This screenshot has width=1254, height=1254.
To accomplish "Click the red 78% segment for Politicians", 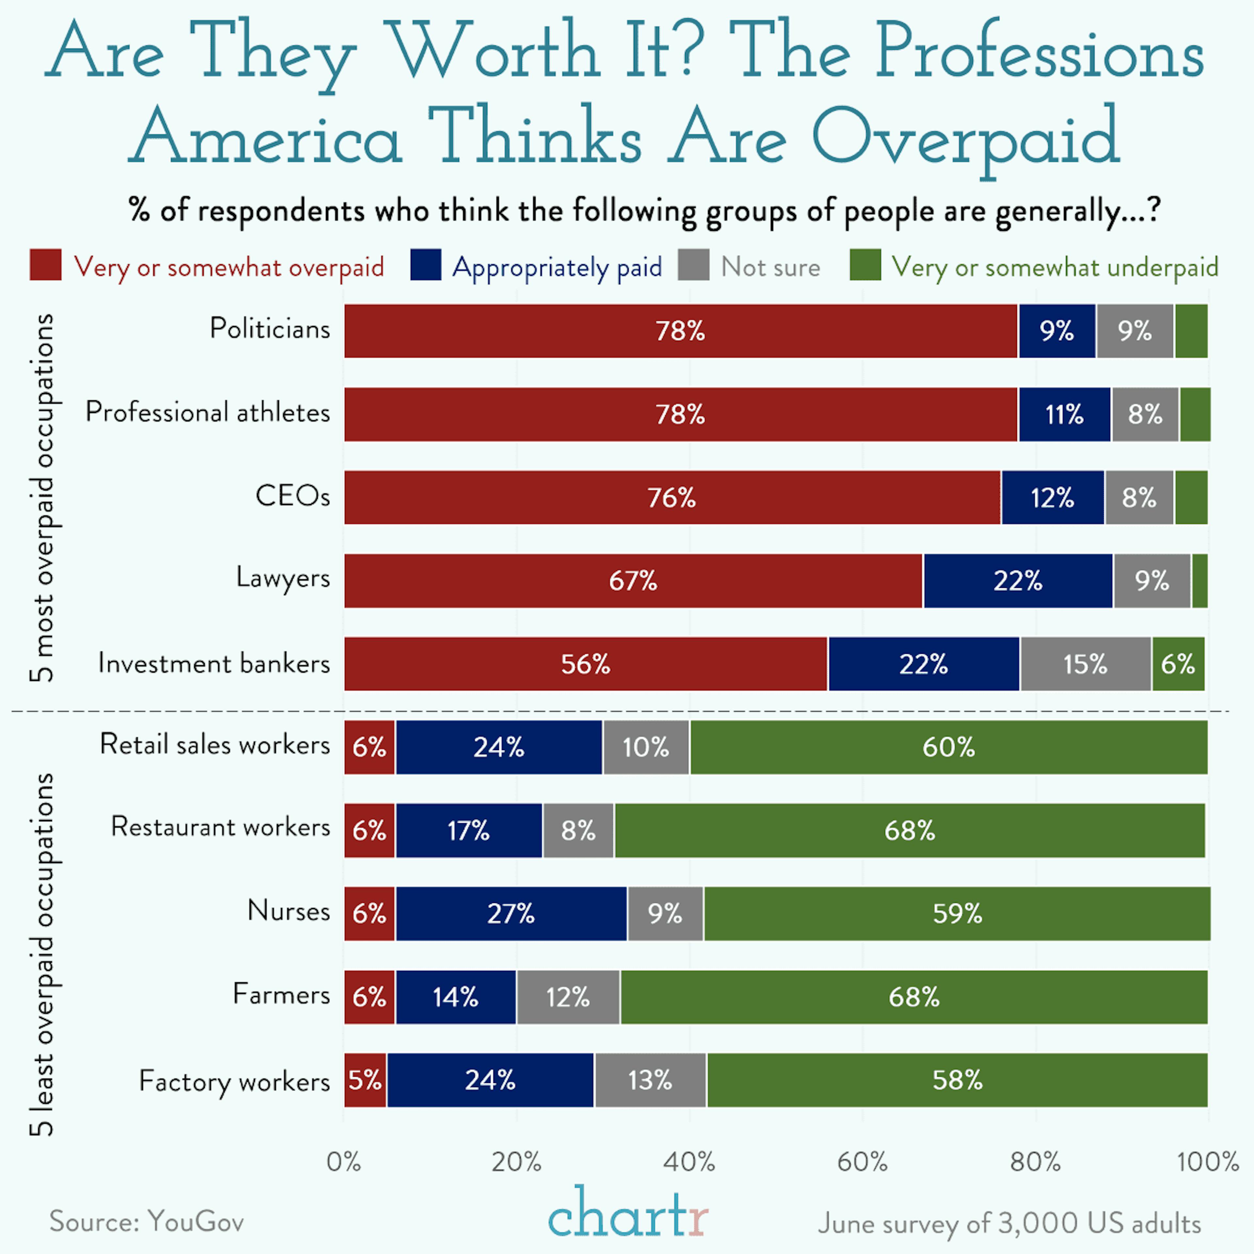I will point(680,331).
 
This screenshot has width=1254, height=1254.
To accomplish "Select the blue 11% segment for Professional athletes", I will point(1065,414).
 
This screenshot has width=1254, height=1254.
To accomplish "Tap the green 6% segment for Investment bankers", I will point(1178,664).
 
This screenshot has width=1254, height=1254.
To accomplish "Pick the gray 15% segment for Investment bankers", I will point(1085,664).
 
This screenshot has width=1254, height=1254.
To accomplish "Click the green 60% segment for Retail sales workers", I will point(948,747).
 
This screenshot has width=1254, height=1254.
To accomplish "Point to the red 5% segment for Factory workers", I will point(365,1080).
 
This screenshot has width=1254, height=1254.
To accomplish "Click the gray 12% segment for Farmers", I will point(568,997).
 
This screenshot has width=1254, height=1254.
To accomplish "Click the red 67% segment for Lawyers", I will point(633,581).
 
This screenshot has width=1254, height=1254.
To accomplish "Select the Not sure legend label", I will point(770,267).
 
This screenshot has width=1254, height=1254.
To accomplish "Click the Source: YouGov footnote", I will point(147,1222).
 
